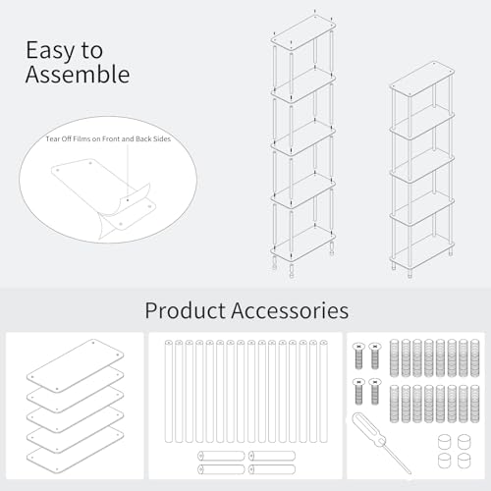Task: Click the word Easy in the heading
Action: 50,51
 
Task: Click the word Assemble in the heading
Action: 78,75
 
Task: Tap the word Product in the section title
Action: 186,310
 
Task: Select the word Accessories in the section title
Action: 290,310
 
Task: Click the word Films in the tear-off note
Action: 82,138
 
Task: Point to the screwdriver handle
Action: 370,430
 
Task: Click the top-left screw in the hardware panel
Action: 358,356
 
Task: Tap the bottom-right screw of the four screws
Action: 375,392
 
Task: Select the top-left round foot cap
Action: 444,442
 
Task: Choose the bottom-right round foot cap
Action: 464,461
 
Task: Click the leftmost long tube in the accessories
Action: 169,391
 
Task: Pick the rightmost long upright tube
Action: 323,391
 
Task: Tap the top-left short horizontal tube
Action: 221,456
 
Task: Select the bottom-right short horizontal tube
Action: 272,469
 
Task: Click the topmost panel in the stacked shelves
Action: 76,365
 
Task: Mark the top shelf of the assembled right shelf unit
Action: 421,79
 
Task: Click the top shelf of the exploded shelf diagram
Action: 303,32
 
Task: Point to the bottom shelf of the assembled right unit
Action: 421,251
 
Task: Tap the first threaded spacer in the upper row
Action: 394,358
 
